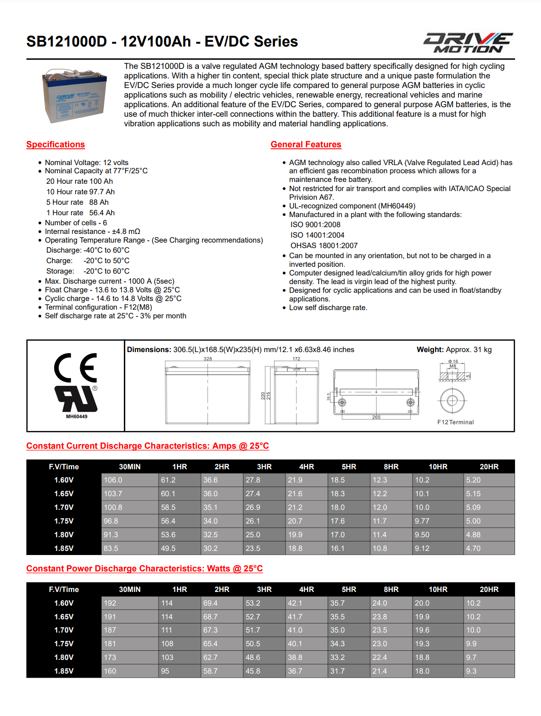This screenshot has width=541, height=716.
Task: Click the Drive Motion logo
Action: (468, 42)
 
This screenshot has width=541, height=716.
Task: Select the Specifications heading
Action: (56, 145)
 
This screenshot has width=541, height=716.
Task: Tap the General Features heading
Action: (306, 145)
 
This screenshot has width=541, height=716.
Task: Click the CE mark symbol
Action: (76, 368)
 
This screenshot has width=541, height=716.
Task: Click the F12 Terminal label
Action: (455, 422)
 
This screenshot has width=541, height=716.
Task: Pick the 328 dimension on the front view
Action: (208, 359)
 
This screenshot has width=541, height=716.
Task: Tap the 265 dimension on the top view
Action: (376, 417)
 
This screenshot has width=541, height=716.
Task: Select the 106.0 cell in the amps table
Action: (113, 480)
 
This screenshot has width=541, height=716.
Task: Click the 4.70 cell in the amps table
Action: (473, 549)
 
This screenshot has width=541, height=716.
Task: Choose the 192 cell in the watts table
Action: (110, 603)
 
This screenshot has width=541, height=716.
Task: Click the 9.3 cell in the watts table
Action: (471, 671)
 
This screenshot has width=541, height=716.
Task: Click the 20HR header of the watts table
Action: (489, 590)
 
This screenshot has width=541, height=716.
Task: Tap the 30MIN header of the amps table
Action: (130, 467)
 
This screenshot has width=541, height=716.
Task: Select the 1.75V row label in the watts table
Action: (64, 644)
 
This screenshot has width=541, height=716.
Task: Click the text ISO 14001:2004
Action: (317, 235)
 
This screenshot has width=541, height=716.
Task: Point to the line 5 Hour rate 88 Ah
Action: (77, 202)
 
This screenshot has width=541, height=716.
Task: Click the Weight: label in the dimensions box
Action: (430, 350)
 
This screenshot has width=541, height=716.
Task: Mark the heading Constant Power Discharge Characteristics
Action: (144, 569)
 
